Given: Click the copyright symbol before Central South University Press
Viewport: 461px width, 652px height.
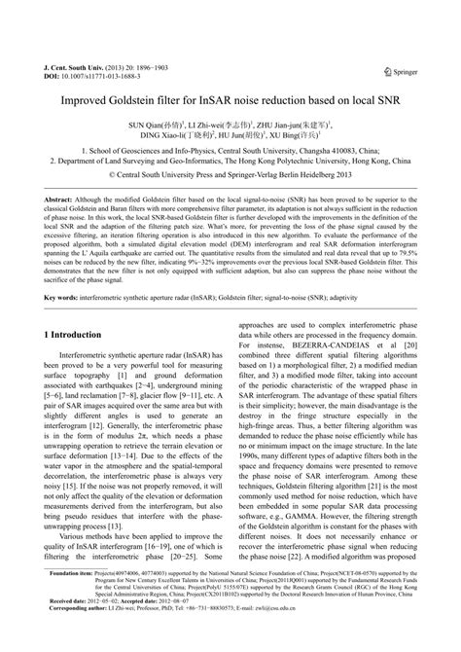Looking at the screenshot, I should tap(129, 176).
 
